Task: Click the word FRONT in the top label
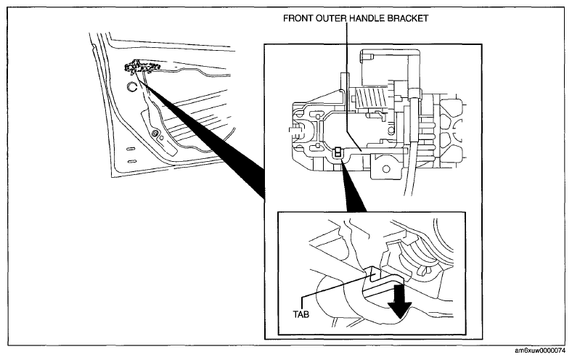tap(298, 18)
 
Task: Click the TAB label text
tap(301, 314)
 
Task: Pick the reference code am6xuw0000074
tap(540, 351)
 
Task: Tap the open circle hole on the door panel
tap(131, 87)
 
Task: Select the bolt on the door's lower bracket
tap(155, 133)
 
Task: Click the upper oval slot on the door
tap(131, 149)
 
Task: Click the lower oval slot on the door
tap(131, 161)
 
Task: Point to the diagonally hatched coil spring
tap(371, 98)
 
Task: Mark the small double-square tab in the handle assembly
tap(338, 152)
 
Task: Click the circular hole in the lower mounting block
tap(385, 169)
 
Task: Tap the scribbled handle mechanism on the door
tap(142, 67)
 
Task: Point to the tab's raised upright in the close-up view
tap(373, 274)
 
